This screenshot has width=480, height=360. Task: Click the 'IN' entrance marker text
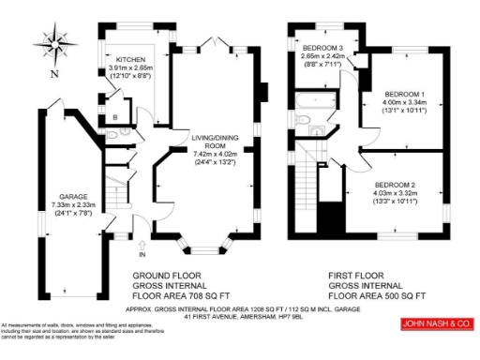[x=142, y=254]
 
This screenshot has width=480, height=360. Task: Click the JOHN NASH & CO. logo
[x=434, y=325]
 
